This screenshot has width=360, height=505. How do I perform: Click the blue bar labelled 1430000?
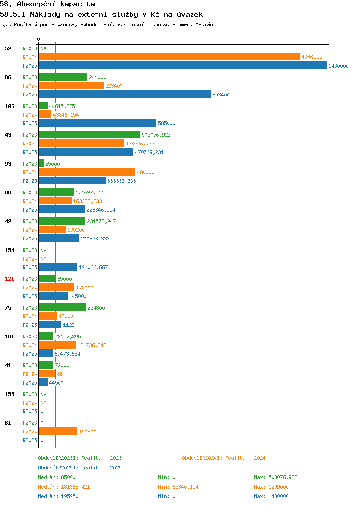pos(183,65)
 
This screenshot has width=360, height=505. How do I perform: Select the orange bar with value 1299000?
pos(170,57)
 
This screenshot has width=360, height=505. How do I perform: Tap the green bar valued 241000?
pos(63,77)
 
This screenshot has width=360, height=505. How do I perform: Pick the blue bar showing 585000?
pos(98,123)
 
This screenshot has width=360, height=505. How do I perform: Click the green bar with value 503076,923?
pos(89,134)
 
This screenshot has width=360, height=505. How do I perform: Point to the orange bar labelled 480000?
pos(87,172)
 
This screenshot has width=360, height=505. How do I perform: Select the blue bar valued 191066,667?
pos(58,267)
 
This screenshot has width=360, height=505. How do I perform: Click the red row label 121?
pos(9,279)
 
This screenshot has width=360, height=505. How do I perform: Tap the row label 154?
pos(9,250)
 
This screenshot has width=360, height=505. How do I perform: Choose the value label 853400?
pos(221,95)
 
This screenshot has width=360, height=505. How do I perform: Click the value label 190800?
pos(87,431)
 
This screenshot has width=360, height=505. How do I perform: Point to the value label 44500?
pos(56,382)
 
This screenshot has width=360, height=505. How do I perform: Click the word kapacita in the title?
pos(78,4)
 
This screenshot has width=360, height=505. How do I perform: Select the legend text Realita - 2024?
pos(245,458)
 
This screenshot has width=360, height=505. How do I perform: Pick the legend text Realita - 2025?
pos(101,468)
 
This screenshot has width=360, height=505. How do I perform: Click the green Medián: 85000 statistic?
pos(57,477)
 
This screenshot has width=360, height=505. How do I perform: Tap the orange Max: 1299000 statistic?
pos(271,487)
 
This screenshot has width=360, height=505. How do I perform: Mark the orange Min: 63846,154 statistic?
pos(178,487)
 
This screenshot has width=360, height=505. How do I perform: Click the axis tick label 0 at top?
pos(39,39)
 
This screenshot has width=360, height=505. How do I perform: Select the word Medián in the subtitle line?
pos(204,24)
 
